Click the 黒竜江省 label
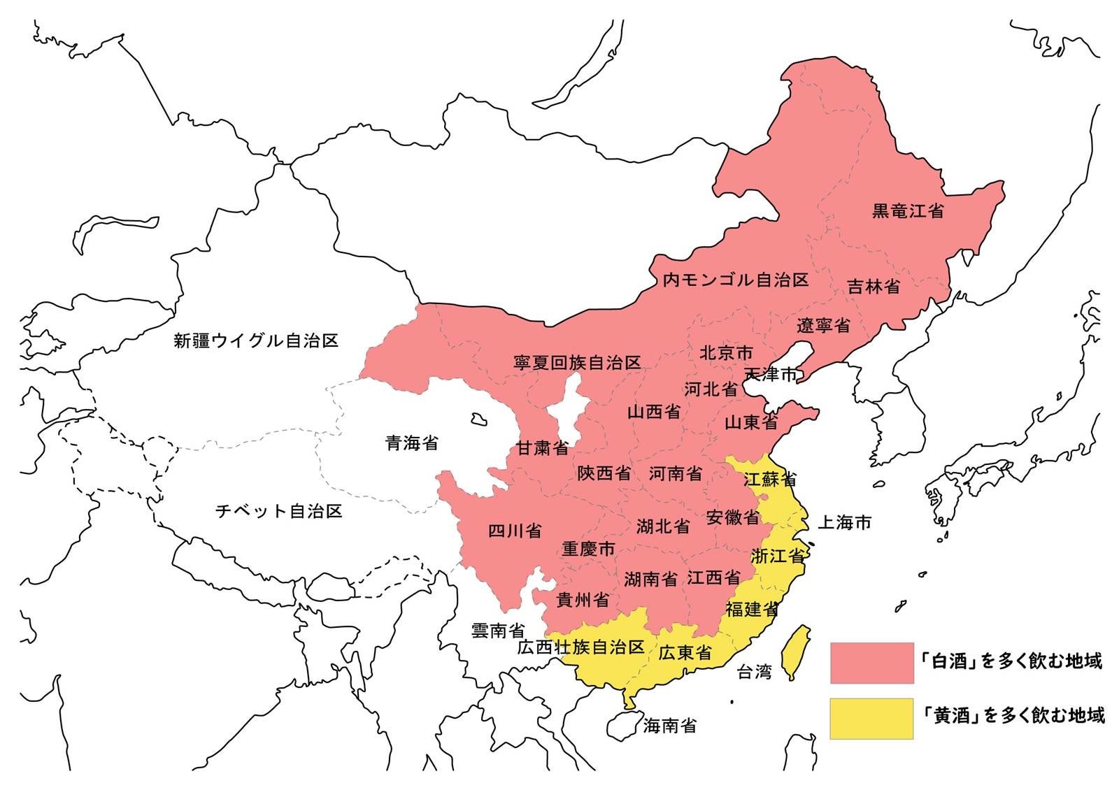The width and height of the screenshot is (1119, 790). coord(907,210)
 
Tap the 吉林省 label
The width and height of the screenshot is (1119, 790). coord(874,287)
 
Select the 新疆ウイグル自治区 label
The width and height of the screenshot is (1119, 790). coord(256,341)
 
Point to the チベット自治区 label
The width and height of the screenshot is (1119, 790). coord(278,511)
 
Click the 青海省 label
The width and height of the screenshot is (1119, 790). coord(412,443)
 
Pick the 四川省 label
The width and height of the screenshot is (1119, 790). coord(515,531)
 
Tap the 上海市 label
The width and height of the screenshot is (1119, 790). coord(845,522)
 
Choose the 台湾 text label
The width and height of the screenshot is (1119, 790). coord(755,673)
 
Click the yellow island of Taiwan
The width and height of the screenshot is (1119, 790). coord(795,650)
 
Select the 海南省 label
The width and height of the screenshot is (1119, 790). coord(669,726)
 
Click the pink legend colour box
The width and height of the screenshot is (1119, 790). coord(871,662)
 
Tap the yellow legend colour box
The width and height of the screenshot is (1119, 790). coord(871,718)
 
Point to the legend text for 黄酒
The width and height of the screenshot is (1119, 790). coord(1013,716)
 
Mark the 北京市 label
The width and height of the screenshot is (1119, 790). coord(726,353)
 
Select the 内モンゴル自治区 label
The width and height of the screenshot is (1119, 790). coord(736,280)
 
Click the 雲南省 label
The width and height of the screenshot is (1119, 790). coord(498,631)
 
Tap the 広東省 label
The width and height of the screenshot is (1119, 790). coord(685,653)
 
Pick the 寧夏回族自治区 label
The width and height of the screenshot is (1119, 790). coord(577,363)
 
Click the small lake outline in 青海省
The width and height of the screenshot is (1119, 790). coord(478,419)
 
